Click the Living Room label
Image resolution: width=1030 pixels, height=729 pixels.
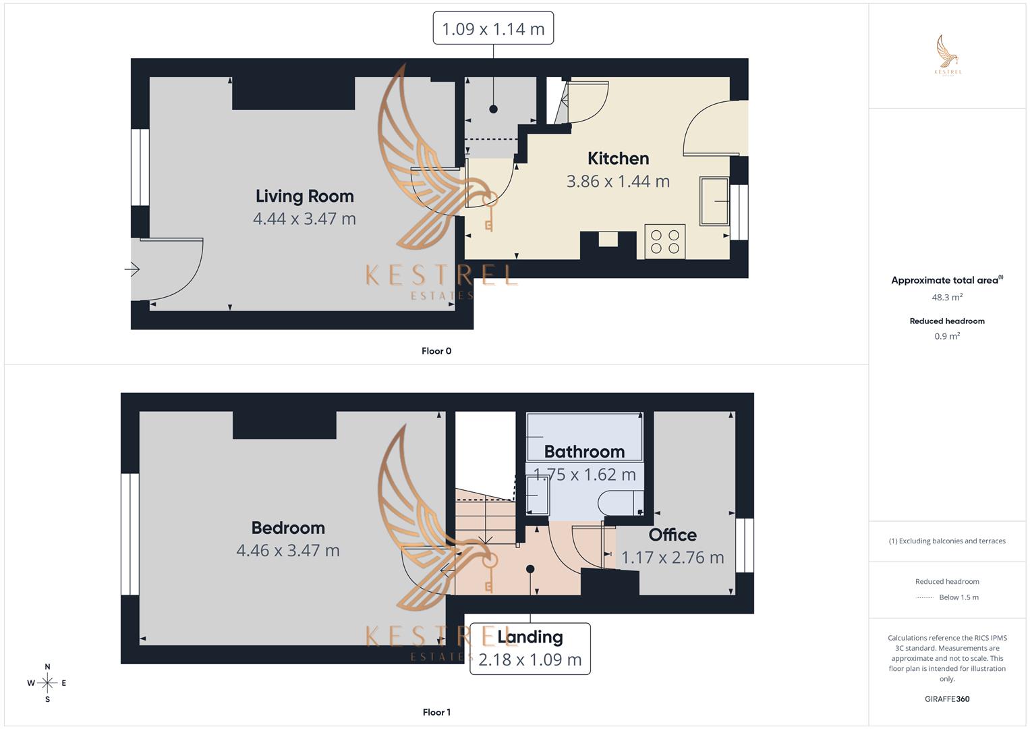pyautogui.click(x=304, y=196)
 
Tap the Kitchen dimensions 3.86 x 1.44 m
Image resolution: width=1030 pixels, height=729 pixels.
pyautogui.click(x=618, y=182)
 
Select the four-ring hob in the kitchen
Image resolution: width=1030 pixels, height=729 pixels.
pyautogui.click(x=665, y=242)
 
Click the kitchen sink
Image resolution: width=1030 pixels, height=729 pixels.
pyautogui.click(x=714, y=201)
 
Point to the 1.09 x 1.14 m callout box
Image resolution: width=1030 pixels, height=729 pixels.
pyautogui.click(x=493, y=28)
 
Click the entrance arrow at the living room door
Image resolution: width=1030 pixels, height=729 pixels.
pyautogui.click(x=132, y=269)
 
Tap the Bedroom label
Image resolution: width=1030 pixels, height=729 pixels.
pyautogui.click(x=288, y=527)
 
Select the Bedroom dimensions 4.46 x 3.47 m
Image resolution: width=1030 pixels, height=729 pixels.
pyautogui.click(x=288, y=550)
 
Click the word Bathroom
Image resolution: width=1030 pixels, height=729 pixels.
pyautogui.click(x=584, y=452)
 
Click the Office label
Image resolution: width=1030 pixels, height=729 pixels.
pyautogui.click(x=673, y=535)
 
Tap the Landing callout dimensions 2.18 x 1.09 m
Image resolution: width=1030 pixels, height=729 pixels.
pyautogui.click(x=530, y=659)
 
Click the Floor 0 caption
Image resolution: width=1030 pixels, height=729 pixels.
pyautogui.click(x=436, y=351)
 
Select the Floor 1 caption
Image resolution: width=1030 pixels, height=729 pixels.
pyautogui.click(x=436, y=712)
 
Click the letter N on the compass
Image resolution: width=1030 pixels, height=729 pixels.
pyautogui.click(x=47, y=666)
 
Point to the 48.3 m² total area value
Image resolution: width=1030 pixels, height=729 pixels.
pyautogui.click(x=947, y=297)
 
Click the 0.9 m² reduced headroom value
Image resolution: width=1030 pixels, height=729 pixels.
pyautogui.click(x=947, y=336)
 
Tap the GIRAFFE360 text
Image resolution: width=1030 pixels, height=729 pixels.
pyautogui.click(x=947, y=699)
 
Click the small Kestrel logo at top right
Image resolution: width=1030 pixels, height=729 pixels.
pyautogui.click(x=948, y=54)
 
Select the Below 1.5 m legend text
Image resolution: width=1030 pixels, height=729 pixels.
pyautogui.click(x=959, y=597)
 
